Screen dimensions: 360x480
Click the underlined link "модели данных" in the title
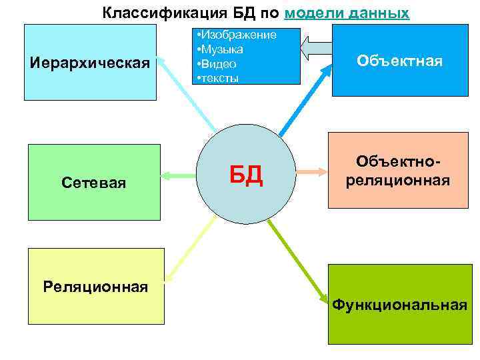coord(347,13)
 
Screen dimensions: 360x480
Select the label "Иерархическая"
coord(90,63)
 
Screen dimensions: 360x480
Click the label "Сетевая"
coord(93,183)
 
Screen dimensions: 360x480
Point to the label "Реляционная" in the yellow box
coord(95,287)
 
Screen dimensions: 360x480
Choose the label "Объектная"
coord(399,61)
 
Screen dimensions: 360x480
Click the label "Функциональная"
coord(399,305)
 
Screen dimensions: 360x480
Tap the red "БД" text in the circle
coord(246,176)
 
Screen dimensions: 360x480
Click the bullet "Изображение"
coord(238,35)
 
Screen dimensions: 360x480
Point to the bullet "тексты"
coord(219,79)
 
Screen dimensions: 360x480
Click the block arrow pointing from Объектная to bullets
coord(317,47)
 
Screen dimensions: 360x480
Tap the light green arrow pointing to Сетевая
coord(179,176)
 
